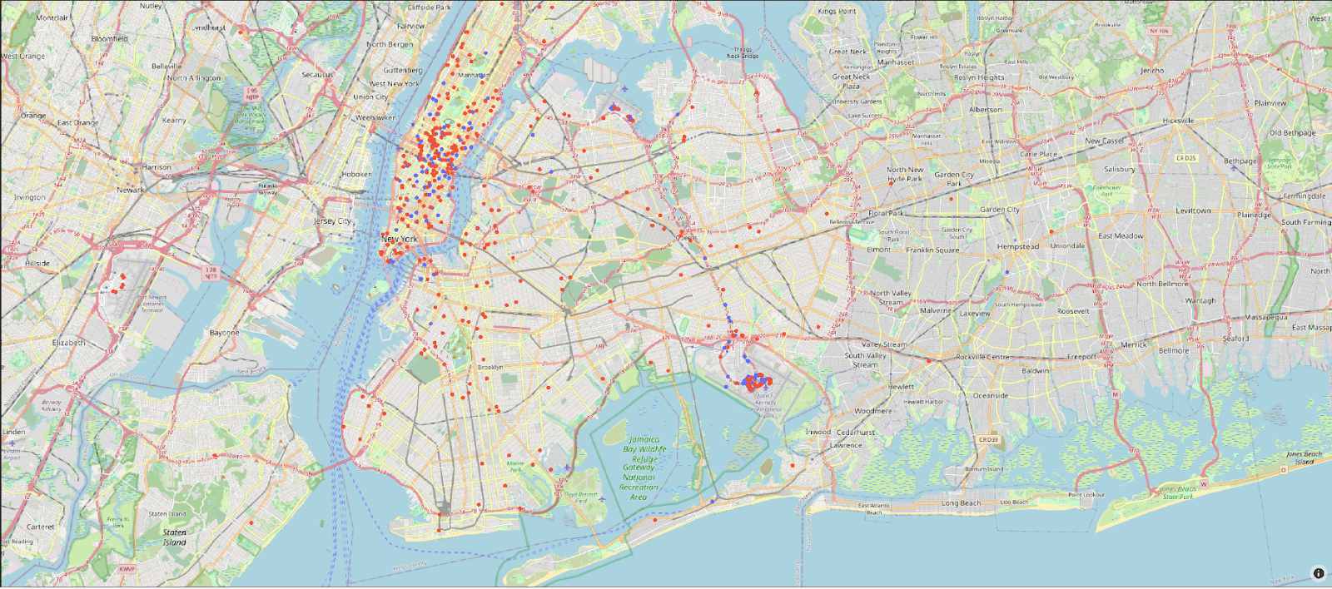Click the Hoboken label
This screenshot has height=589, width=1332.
356,174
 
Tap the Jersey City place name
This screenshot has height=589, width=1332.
332,221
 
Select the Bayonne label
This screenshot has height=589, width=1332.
224,333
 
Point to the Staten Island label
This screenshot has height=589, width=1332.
174,537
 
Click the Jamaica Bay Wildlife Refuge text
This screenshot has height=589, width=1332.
644,449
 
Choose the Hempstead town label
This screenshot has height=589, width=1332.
1017,247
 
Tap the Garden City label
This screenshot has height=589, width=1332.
999,210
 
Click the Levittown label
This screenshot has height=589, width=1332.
1193,211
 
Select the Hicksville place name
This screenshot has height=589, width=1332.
1178,121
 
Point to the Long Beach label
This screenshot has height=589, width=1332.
961,503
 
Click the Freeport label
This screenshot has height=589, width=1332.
1081,357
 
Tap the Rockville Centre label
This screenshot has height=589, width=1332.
982,357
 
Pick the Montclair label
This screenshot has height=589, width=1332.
52,17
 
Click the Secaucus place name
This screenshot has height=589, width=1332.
317,75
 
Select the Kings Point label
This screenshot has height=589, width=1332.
837,12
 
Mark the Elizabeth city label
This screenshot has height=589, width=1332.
69,343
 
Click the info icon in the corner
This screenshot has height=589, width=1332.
1318,573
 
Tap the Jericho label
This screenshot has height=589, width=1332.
1152,71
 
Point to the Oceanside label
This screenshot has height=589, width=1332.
991,396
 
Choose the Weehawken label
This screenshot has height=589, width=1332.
375,118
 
